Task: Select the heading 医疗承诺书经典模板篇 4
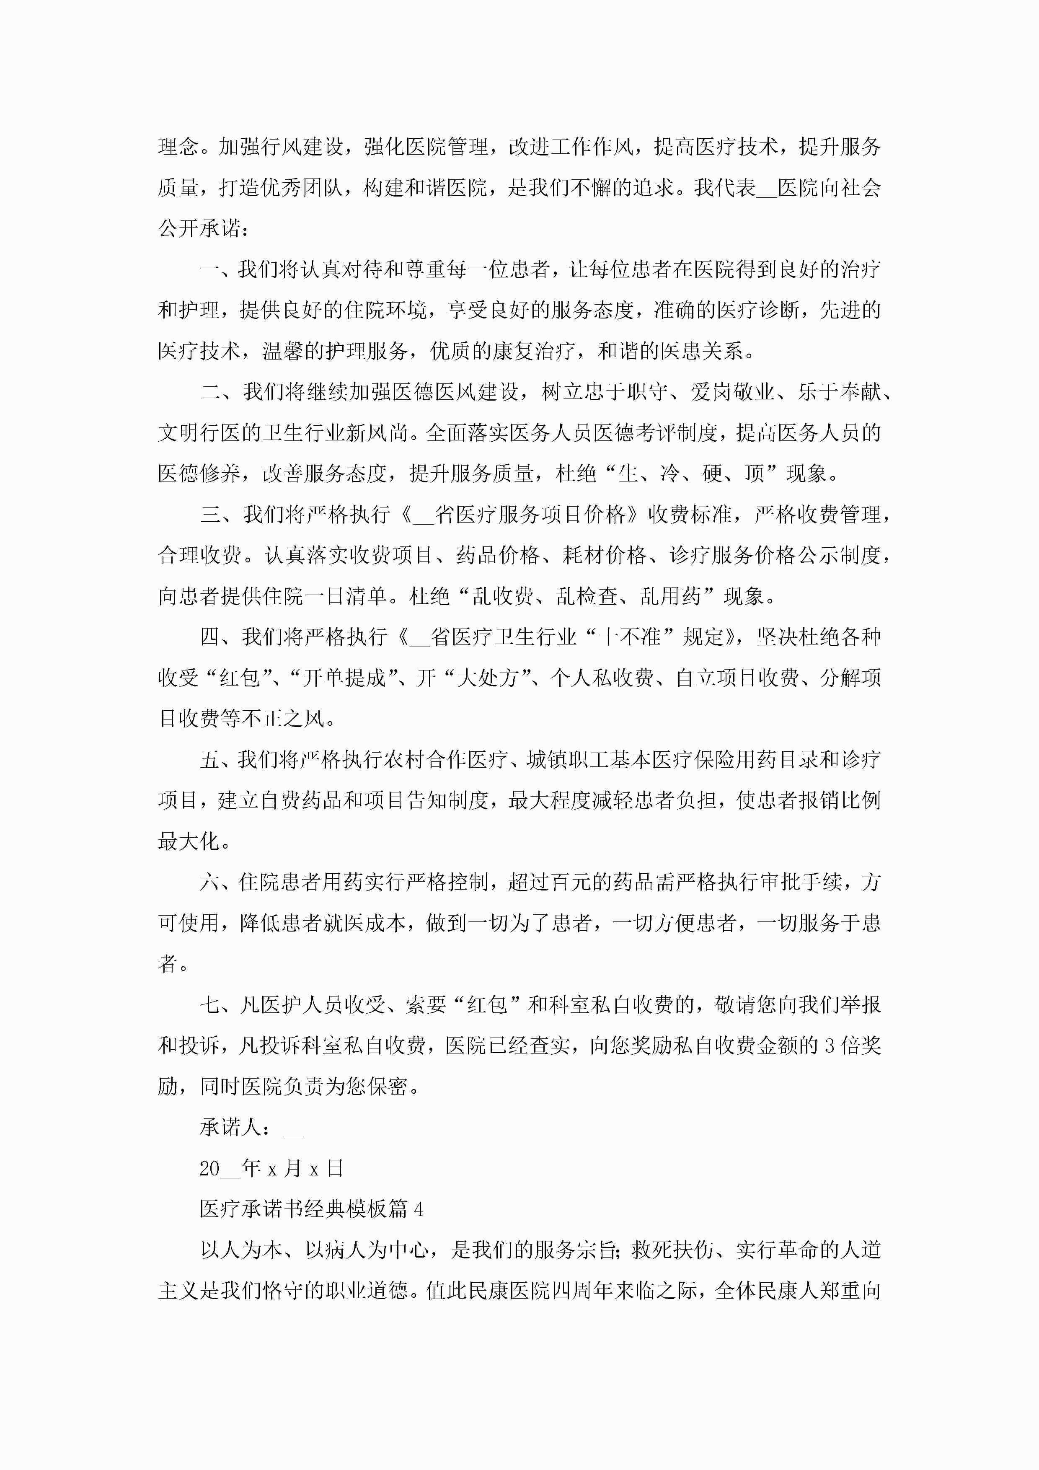(311, 1209)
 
